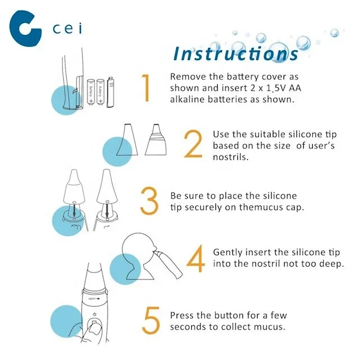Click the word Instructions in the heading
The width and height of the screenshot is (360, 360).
236,54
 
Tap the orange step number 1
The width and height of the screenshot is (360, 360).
146,88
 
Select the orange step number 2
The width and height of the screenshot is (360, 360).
193,144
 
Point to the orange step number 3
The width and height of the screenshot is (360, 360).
149,201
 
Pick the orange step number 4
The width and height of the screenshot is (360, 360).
196,258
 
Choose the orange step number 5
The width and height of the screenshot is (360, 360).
151,321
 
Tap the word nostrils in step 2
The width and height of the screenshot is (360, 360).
231,157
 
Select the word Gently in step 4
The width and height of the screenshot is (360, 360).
227,253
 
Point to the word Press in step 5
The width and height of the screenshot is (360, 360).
182,316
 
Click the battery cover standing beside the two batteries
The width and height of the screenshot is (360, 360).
110,92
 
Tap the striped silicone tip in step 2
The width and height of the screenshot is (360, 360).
156,139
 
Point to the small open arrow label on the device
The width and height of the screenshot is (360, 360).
94,299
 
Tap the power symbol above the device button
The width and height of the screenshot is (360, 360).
94,314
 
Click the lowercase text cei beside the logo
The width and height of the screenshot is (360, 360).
67,29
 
